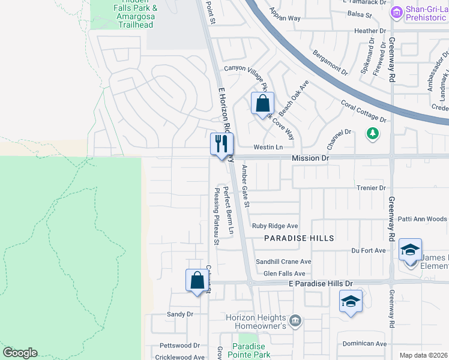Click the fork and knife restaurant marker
[x=221, y=144]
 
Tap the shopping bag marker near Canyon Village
[x=262, y=104]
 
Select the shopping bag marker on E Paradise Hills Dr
[x=197, y=280]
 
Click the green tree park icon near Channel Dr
[x=373, y=132]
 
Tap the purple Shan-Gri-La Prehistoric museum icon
[x=396, y=13]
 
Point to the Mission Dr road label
[x=311, y=158]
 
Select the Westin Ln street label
[x=268, y=147]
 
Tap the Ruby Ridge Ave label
[x=275, y=226]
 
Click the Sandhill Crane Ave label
[x=283, y=262]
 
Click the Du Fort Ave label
[x=368, y=250]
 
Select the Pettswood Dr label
[x=179, y=346]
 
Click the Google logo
[x=20, y=353]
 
